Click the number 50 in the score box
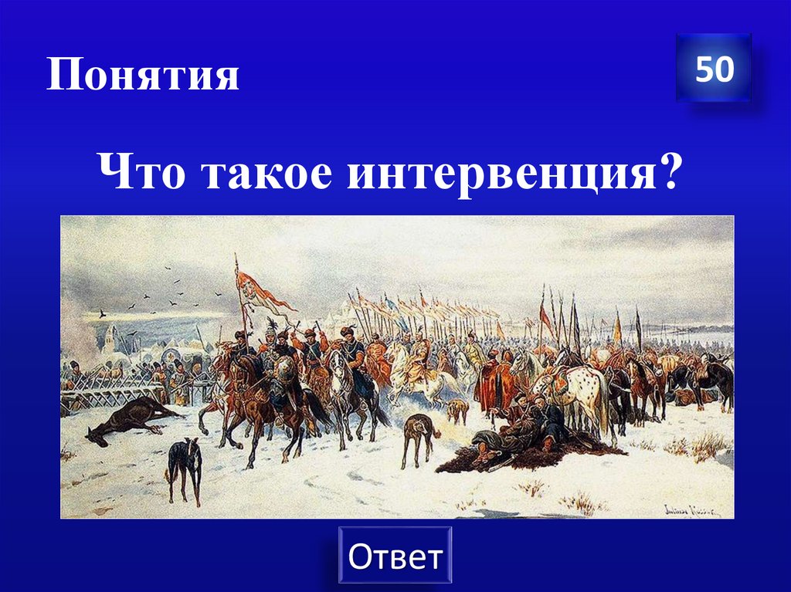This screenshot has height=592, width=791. pos(714,69)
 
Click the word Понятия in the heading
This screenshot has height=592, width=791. pos(143,76)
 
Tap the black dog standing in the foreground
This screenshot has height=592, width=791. pos(185,467)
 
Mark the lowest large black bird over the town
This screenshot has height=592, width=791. pos(101,314)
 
